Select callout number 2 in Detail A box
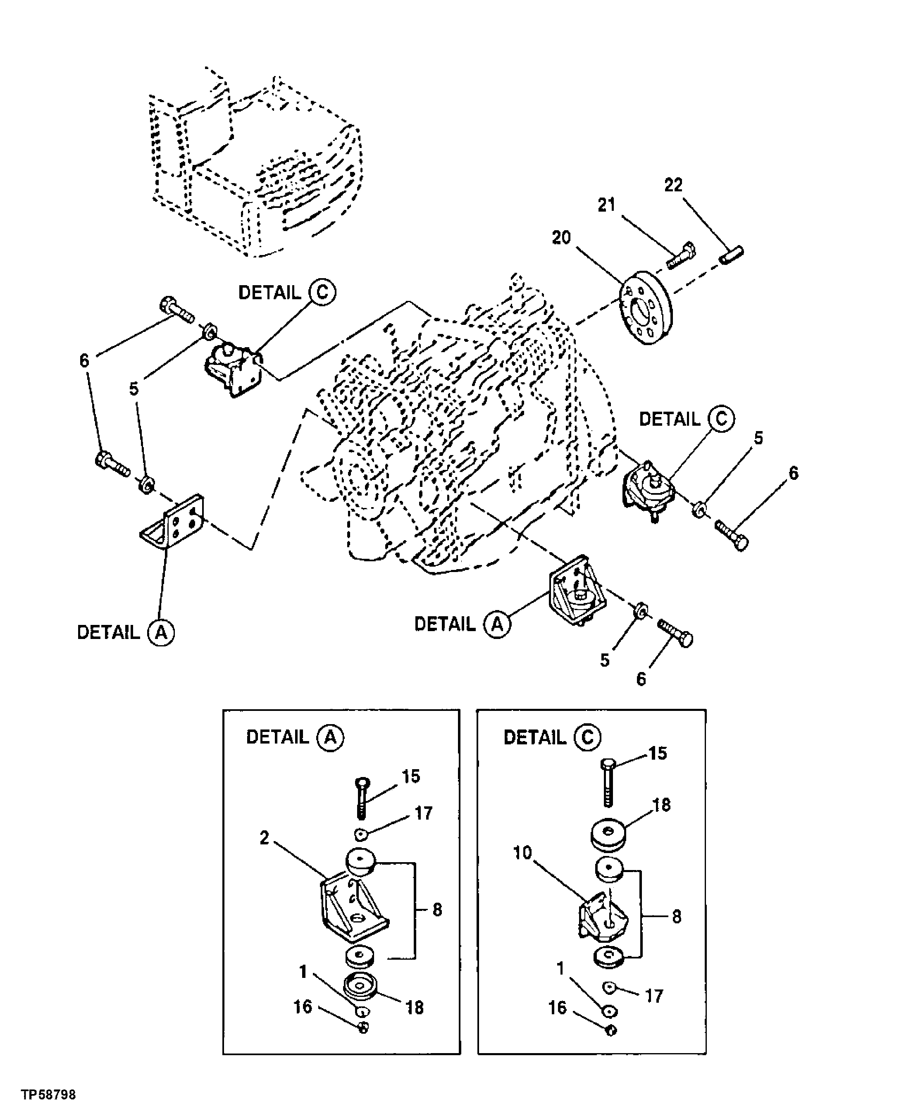click(265, 838)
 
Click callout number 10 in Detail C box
click(522, 853)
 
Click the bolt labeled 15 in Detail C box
click(608, 783)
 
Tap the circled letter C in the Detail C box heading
click(587, 738)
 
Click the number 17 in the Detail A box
click(424, 813)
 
